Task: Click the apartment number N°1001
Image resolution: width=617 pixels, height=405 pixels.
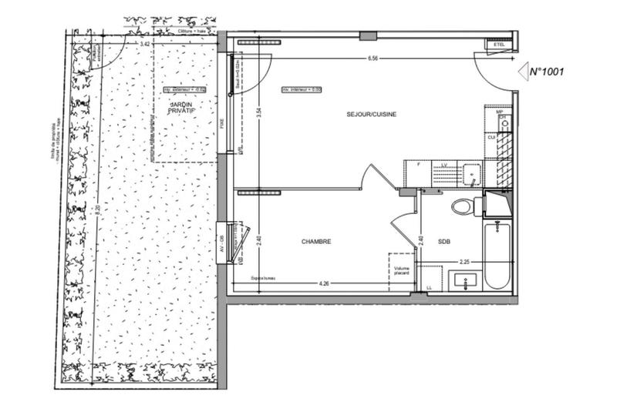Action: point(548,72)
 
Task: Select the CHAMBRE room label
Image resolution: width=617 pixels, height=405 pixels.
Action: point(316,241)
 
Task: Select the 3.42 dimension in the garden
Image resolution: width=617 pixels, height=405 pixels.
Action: point(144,45)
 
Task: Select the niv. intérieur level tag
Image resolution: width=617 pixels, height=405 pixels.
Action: point(301,89)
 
